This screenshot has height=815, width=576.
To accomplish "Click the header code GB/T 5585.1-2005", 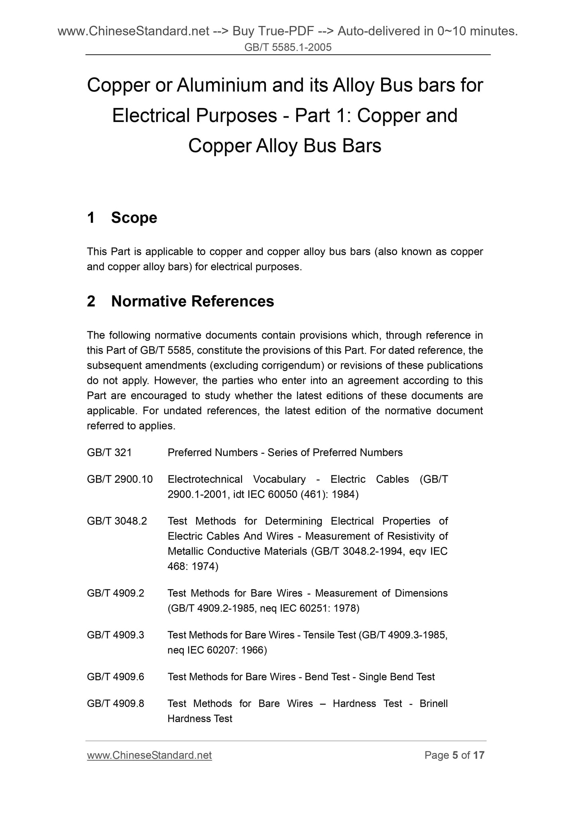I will (288, 48).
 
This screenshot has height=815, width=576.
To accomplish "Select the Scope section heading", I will (134, 218).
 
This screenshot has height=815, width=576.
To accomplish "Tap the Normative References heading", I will (193, 301).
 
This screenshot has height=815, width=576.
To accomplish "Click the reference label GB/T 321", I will (109, 453).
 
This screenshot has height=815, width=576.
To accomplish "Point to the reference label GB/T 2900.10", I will (120, 479).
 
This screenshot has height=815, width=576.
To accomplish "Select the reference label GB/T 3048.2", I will (117, 521).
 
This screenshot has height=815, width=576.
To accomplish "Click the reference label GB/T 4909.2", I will (116, 593).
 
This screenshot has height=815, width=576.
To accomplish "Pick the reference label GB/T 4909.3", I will (116, 635).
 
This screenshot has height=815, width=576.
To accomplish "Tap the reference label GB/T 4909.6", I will (116, 677).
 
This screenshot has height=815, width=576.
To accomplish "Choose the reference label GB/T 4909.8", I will (116, 703).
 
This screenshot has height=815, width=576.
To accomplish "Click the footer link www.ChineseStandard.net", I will (149, 755).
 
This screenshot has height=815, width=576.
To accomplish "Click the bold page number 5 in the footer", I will (455, 755).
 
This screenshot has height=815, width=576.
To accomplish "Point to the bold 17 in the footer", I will (479, 755).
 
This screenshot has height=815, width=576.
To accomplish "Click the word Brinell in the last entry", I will (434, 703).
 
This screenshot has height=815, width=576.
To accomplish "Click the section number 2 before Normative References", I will (91, 301).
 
